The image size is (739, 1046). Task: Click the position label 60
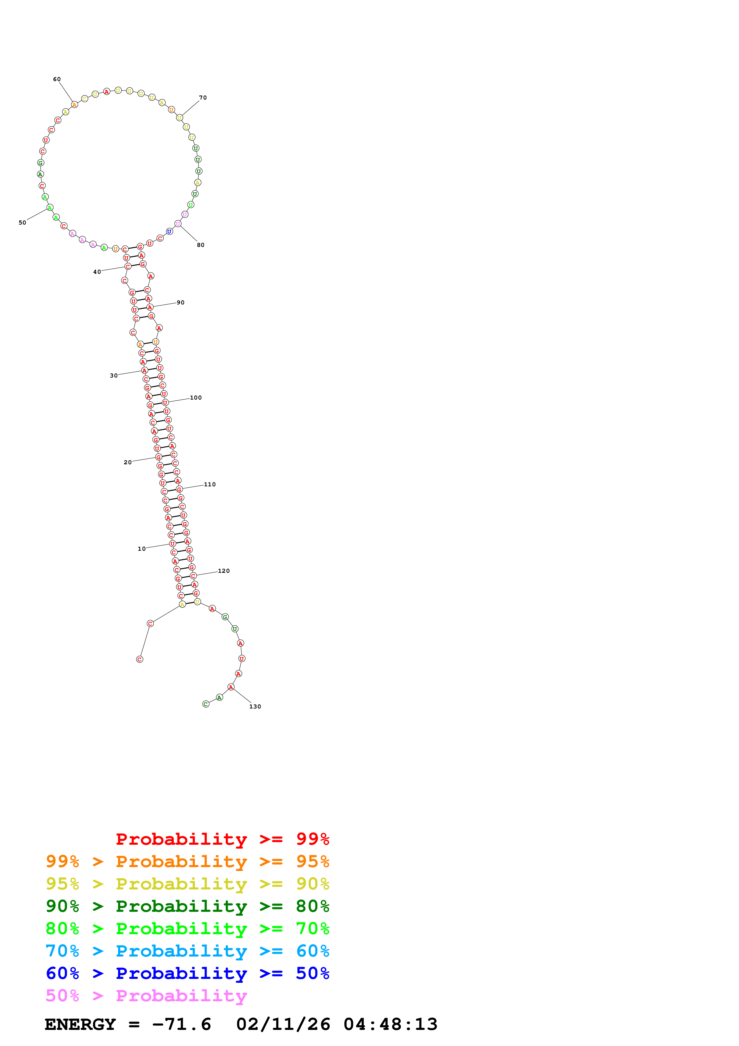pos(57,79)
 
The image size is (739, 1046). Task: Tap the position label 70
pos(203,98)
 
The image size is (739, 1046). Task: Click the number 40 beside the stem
pos(97,272)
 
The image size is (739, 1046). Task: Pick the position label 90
pos(181,303)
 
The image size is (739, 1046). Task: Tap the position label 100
pos(196,398)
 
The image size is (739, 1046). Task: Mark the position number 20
pos(128,462)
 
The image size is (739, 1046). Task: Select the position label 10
pos(142,549)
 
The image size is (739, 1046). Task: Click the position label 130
pos(255,707)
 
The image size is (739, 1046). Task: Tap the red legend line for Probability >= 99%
pos(222,839)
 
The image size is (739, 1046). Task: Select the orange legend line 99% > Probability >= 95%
pos(187,861)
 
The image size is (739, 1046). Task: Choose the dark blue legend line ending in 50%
pos(187,974)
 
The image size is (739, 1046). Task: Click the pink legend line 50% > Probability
pos(146,996)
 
